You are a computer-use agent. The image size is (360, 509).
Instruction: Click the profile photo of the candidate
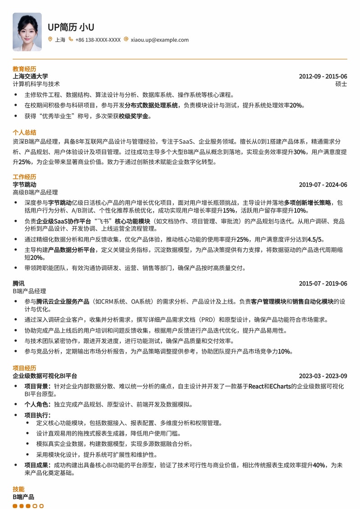[27, 32]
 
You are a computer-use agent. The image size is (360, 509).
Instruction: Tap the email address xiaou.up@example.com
[159, 40]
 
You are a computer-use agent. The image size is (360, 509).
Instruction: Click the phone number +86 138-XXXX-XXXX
[98, 40]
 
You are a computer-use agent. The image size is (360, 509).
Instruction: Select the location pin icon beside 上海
[50, 40]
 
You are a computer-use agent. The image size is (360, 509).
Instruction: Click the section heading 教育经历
[24, 69]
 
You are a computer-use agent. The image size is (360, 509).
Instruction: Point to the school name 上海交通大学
[30, 76]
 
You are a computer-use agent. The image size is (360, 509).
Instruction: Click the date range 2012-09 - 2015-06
[323, 76]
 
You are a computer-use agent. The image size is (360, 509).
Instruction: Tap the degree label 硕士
[341, 84]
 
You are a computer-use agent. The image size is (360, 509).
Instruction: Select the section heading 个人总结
[24, 132]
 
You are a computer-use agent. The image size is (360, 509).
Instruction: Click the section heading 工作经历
[24, 177]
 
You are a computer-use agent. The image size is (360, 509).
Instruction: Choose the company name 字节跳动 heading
[24, 185]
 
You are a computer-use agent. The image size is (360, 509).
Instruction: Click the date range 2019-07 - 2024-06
[323, 185]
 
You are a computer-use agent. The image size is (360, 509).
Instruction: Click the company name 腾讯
[18, 283]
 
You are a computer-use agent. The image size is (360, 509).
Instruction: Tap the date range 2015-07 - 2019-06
[323, 283]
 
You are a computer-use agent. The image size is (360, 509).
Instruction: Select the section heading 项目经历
[24, 368]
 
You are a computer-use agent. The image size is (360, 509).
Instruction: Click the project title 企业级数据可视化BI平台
[45, 376]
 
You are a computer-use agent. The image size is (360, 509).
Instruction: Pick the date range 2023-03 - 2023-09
[323, 376]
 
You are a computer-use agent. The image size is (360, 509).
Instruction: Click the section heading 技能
[18, 489]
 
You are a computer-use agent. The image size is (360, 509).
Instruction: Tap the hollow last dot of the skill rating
[41, 506]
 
